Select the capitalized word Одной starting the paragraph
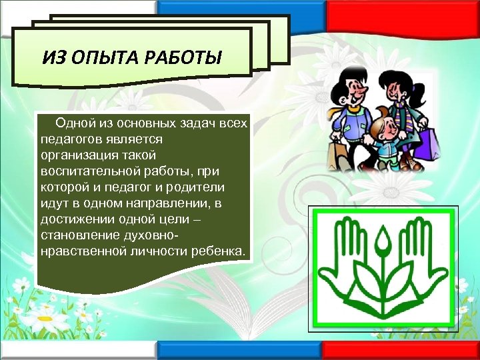tap(75, 123)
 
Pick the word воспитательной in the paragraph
tap(83, 171)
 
